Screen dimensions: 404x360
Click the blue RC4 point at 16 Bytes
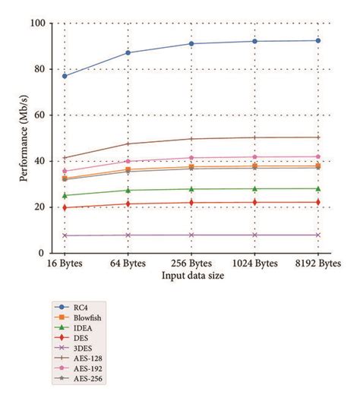(65, 76)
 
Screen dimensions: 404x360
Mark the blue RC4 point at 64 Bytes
(128, 52)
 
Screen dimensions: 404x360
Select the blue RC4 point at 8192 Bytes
(317, 40)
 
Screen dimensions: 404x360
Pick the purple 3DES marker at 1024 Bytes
(254, 235)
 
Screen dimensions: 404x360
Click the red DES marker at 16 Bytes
(65, 207)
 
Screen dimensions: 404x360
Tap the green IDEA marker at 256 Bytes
(191, 189)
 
